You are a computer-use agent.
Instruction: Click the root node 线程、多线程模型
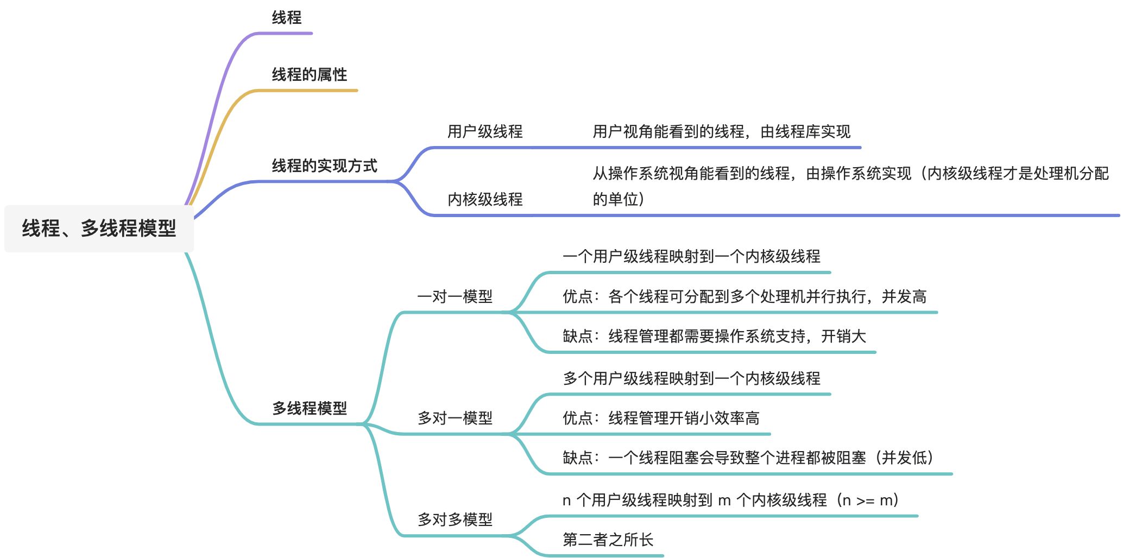(x=99, y=228)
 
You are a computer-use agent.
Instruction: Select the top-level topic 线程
(x=286, y=18)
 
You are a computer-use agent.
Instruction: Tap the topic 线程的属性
(x=309, y=74)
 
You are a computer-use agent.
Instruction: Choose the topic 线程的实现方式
(x=324, y=166)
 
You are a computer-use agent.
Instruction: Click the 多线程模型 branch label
(x=309, y=408)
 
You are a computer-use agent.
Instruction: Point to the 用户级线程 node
(x=484, y=131)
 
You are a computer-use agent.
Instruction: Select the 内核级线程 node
(x=484, y=199)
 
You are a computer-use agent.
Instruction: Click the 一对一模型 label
(x=455, y=296)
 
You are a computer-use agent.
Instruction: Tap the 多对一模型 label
(x=455, y=418)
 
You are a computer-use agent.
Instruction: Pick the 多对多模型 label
(x=455, y=519)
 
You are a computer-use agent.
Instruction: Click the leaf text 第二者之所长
(x=608, y=540)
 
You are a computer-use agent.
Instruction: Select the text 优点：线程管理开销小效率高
(x=661, y=418)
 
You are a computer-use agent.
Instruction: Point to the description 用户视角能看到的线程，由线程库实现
(x=721, y=131)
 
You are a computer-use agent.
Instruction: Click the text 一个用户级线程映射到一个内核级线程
(x=691, y=256)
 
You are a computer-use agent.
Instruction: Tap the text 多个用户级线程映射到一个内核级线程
(x=691, y=378)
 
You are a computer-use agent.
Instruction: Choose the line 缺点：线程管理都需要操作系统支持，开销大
(x=714, y=337)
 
